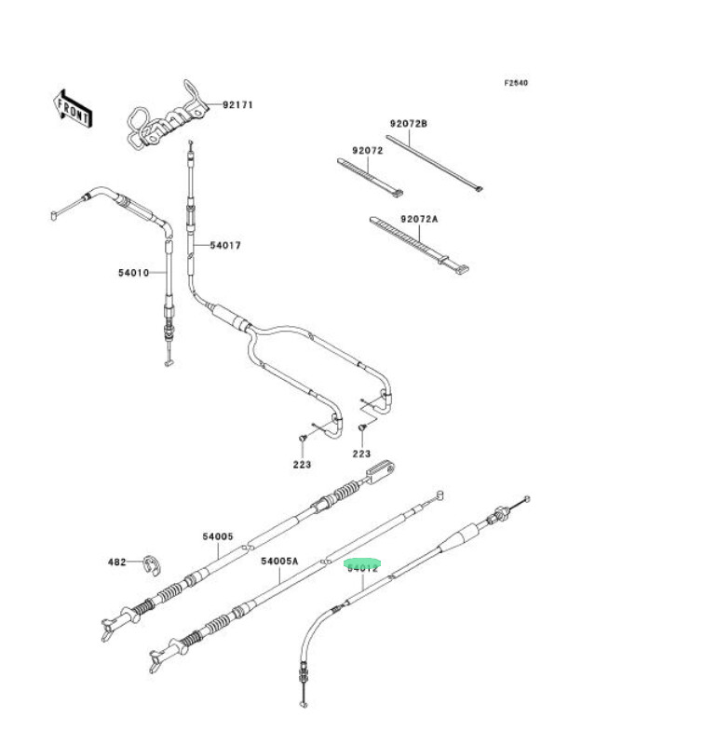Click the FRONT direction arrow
[73, 107]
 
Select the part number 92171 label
[237, 105]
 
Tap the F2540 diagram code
[516, 83]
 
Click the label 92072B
[409, 123]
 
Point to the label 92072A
[419, 219]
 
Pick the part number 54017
[225, 246]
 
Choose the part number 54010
[134, 273]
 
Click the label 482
[116, 562]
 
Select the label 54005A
[279, 562]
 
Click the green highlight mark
[362, 564]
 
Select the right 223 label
[361, 454]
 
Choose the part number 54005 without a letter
[217, 536]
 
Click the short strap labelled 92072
[370, 177]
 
